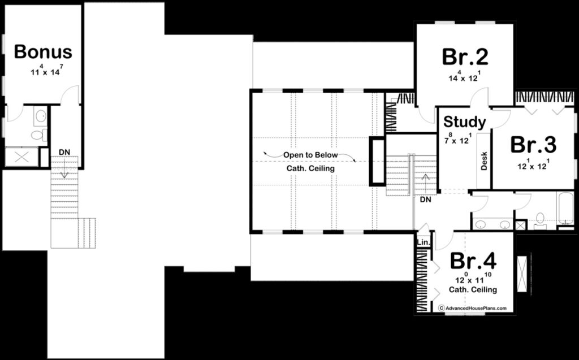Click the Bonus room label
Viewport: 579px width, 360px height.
[x=43, y=52]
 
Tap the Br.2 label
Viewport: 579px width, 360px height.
[x=465, y=57]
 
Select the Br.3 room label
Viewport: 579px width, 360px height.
[x=533, y=145]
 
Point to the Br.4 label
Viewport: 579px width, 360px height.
[x=473, y=261]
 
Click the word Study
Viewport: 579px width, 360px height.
[x=464, y=122]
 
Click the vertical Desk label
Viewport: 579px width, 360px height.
[x=484, y=162]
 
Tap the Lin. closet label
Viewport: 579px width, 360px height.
[x=424, y=242]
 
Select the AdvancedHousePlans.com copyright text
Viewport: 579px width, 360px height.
[x=473, y=308]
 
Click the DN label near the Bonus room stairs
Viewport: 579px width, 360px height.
[x=64, y=153]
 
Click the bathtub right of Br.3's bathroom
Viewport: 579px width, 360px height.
[x=564, y=209]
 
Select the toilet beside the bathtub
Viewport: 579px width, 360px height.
[x=540, y=219]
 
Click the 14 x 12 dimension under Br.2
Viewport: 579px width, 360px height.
[x=464, y=77]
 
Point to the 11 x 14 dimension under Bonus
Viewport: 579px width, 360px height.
[x=43, y=72]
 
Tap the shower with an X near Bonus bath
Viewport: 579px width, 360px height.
[x=22, y=157]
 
